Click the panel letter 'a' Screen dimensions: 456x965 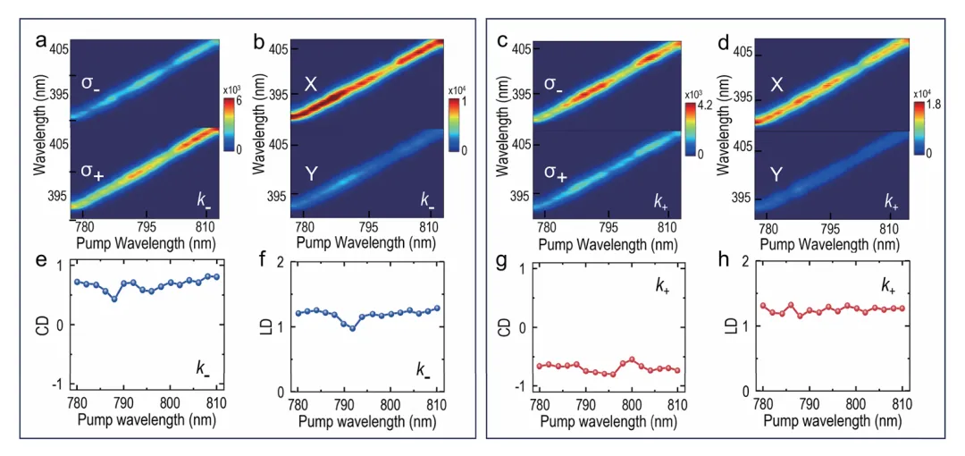(40, 40)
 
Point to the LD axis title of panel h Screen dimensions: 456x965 (722, 326)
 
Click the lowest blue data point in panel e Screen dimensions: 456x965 (114, 298)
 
